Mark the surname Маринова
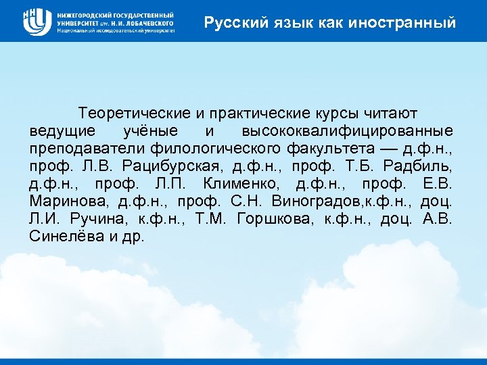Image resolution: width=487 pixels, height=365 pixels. pos(69,201)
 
